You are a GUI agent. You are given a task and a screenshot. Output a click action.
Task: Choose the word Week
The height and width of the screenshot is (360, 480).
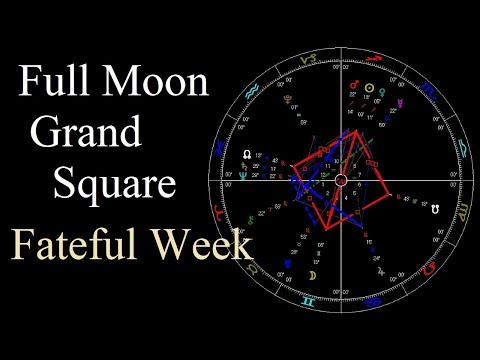[205, 245]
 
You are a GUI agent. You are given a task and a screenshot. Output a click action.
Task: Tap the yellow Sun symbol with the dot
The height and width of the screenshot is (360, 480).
[370, 89]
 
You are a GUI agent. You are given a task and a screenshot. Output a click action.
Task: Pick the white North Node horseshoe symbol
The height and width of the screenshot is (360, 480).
[248, 156]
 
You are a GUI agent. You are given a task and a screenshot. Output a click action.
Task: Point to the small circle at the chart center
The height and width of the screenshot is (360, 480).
[340, 180]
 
